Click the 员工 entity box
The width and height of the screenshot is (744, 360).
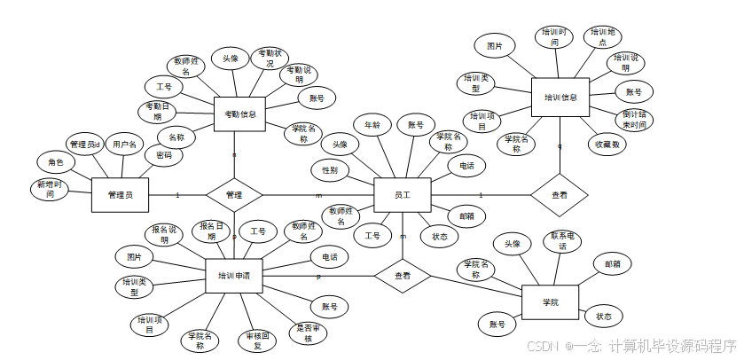[x=402, y=194]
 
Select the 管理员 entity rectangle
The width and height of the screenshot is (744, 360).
[x=120, y=194]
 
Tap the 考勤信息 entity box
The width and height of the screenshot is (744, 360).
[x=240, y=113]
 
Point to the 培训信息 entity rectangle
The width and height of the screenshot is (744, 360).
[x=560, y=97]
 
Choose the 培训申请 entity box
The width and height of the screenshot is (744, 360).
[x=233, y=276]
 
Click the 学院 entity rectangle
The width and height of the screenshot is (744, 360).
[x=550, y=302]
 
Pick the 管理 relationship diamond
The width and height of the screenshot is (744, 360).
[x=234, y=193]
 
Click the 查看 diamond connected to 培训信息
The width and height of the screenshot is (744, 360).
[x=560, y=193]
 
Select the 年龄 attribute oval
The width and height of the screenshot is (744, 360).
[x=371, y=125]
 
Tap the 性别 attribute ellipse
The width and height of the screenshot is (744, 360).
[x=330, y=168]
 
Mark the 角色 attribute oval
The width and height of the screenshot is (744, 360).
[x=55, y=162]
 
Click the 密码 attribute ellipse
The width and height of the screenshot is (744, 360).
[x=164, y=155]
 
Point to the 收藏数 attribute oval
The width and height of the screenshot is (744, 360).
[x=607, y=144]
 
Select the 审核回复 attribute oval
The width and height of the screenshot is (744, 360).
[x=254, y=340]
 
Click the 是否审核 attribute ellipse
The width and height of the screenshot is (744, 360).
[x=309, y=333]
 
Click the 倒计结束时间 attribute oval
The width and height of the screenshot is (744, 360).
[x=634, y=120]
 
